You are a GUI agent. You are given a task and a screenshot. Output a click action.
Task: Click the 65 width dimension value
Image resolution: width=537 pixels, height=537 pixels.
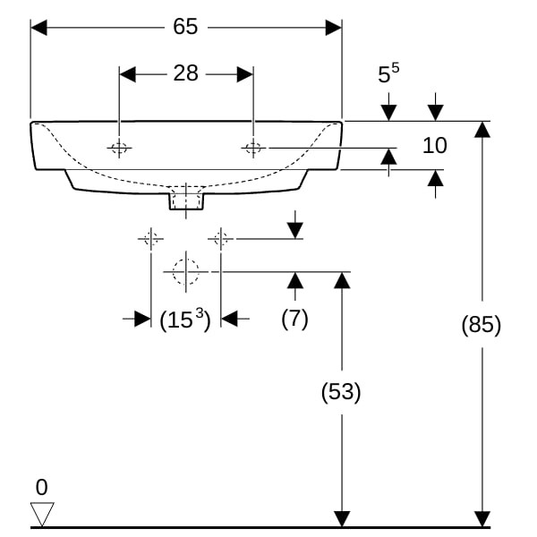185,26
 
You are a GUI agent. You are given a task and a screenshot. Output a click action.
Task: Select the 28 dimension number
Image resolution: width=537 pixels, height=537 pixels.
185,73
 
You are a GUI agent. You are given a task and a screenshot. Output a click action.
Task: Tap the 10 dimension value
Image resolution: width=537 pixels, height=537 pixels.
435,145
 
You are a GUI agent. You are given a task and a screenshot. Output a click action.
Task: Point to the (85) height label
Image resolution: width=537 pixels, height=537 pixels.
482,324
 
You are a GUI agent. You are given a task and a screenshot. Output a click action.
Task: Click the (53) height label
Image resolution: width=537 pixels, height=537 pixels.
341,391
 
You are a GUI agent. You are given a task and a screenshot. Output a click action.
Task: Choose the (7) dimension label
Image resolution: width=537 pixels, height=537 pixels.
294,318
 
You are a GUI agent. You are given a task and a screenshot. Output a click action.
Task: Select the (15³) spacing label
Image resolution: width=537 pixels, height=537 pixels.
185,320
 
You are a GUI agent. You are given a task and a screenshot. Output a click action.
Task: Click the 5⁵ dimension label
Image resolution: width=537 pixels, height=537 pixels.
388,73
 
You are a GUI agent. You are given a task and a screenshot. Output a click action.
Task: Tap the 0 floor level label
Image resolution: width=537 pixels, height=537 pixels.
41,488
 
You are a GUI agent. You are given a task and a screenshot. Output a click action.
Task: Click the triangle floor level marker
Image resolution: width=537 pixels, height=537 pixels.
42,514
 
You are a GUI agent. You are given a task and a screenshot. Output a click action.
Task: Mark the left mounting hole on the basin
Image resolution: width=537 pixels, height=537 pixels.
119,149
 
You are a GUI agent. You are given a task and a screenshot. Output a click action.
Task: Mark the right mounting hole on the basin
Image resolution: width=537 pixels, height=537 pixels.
253,149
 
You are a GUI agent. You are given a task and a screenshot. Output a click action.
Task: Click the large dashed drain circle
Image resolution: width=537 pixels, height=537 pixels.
186,272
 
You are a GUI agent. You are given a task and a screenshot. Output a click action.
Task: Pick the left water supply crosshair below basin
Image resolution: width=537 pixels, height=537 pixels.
151,239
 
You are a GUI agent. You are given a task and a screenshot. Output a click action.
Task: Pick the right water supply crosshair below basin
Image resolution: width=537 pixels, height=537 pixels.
221,239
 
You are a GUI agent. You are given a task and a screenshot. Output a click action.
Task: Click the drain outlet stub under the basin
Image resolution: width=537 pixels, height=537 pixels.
186,201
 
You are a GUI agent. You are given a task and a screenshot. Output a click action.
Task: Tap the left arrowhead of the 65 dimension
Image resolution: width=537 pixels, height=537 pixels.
38,28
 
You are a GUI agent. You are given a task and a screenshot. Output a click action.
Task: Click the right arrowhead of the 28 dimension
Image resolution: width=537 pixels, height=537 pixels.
245,74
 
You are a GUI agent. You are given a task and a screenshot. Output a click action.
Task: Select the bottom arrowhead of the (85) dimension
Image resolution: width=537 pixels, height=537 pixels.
482,519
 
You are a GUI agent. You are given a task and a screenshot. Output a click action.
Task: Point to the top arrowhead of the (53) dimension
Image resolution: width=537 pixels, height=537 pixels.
342,280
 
